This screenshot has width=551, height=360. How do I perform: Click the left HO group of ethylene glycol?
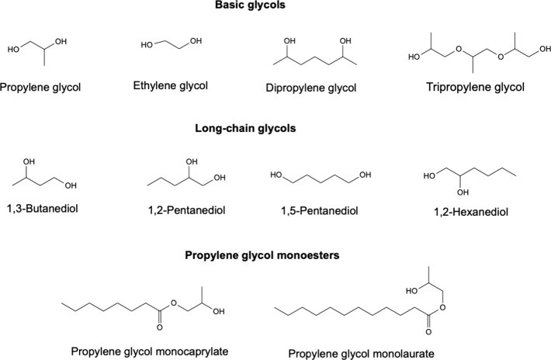147,46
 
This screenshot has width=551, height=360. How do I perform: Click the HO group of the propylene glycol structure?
14,50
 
